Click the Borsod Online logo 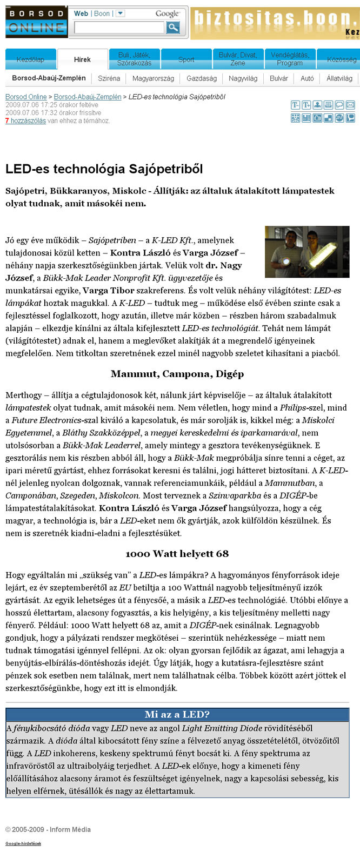(x=36, y=22)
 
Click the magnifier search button (x=173, y=27)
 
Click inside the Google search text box (x=119, y=27)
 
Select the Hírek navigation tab (x=82, y=59)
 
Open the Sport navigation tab (x=186, y=59)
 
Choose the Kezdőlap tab (x=31, y=59)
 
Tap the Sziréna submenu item (x=109, y=78)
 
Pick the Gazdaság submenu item (x=202, y=78)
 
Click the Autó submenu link (x=307, y=78)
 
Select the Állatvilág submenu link (x=339, y=78)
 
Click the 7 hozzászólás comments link (x=25, y=121)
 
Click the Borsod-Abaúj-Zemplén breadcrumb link (x=88, y=97)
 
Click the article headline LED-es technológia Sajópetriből (x=104, y=169)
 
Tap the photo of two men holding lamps (x=307, y=252)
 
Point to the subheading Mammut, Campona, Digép (x=177, y=374)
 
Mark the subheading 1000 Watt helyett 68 (x=177, y=554)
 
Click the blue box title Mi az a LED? (x=177, y=715)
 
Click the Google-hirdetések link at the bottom (x=23, y=843)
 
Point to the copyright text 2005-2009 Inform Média (x=48, y=829)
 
